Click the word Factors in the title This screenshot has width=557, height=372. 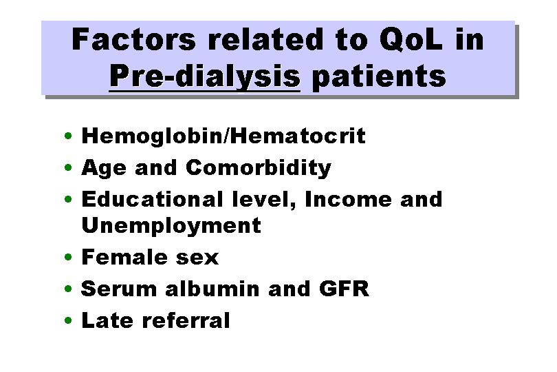[133, 39]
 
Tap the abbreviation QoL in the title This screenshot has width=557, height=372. [411, 39]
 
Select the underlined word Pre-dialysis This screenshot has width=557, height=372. [205, 76]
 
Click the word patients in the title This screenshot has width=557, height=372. [379, 76]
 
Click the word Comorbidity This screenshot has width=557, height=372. [259, 168]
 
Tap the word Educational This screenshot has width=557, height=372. [153, 198]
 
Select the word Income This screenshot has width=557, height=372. [348, 199]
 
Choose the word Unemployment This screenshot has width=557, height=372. [171, 226]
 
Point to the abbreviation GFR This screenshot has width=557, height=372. [345, 289]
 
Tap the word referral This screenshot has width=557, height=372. [186, 320]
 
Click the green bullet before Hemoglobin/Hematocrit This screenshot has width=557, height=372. [68, 136]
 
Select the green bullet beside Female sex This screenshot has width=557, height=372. [68, 257]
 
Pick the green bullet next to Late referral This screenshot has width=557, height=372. [68, 320]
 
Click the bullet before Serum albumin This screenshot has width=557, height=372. [68, 289]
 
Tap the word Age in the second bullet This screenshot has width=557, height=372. [104, 168]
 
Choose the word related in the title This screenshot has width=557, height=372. [265, 39]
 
